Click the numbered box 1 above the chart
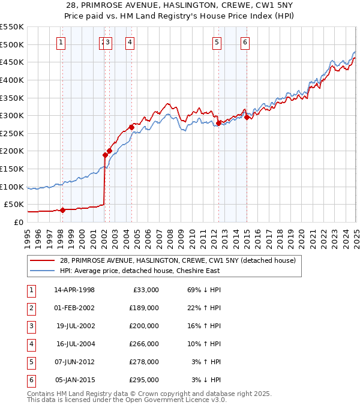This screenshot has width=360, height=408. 62,42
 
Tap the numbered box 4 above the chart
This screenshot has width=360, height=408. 130,42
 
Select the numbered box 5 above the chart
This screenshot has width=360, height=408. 216,42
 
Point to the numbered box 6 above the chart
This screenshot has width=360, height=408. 245,42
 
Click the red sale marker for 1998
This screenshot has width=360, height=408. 62,210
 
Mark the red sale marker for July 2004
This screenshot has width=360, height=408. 131,127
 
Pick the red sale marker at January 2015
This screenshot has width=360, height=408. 247,117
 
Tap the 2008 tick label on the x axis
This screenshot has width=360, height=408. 170,233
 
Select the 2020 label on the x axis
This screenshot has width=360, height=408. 301,233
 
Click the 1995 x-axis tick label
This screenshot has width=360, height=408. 28,233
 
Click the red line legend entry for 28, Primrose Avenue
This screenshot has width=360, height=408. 178,260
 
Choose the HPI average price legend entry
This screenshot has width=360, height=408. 140,271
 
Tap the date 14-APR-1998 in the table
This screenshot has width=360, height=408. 74,290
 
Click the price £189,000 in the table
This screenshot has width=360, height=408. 144,308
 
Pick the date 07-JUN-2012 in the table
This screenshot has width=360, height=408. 74,362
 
